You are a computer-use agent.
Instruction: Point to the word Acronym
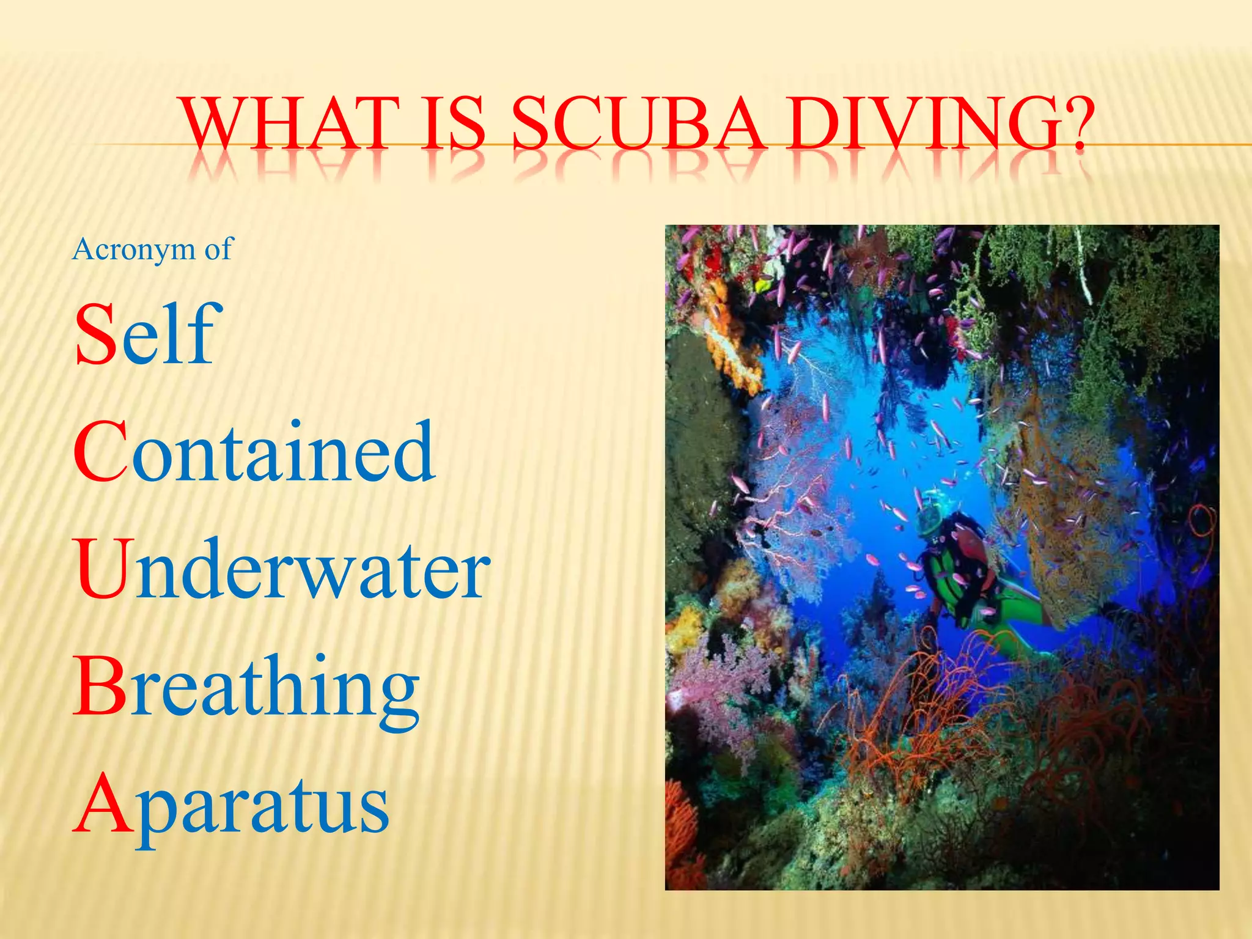tap(133, 249)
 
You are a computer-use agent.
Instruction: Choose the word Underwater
tap(281, 569)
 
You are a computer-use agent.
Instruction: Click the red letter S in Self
tap(96, 335)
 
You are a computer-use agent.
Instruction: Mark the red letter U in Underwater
tap(104, 569)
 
